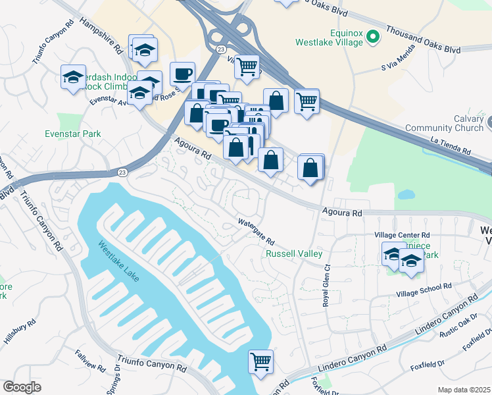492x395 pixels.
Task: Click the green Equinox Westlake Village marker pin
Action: pyautogui.click(x=374, y=37)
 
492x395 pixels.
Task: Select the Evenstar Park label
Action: pyautogui.click(x=72, y=134)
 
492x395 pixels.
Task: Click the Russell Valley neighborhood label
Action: pyautogui.click(x=293, y=253)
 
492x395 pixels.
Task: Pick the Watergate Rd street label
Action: pyautogui.click(x=255, y=233)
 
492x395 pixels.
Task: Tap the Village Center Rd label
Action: pyautogui.click(x=401, y=235)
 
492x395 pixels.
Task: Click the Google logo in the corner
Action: pyautogui.click(x=22, y=387)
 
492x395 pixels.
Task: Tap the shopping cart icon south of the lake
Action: pyautogui.click(x=261, y=361)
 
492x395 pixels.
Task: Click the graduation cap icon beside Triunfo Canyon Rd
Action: pyautogui.click(x=74, y=78)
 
